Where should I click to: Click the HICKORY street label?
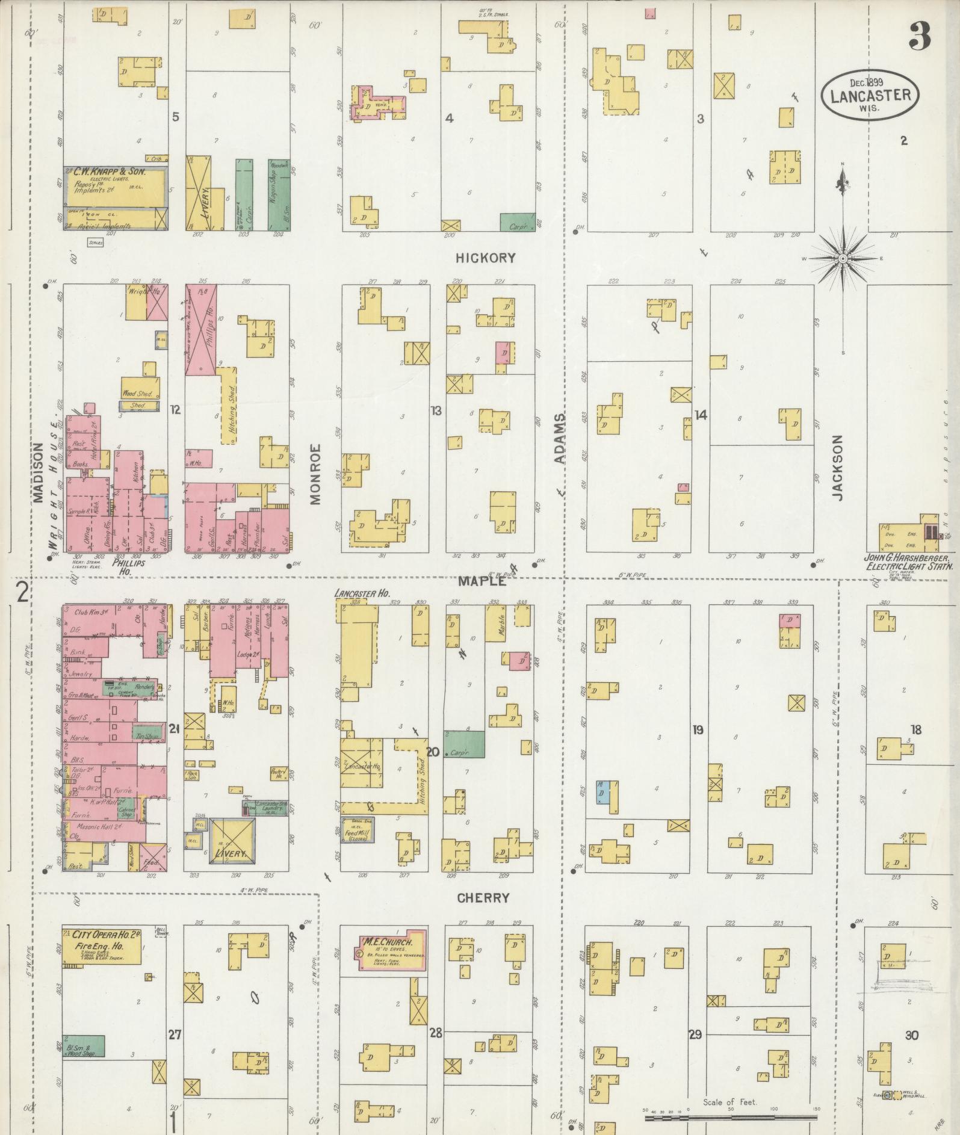pyautogui.click(x=485, y=258)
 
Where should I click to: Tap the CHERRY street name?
pyautogui.click(x=483, y=898)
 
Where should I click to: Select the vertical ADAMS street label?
pyautogui.click(x=560, y=439)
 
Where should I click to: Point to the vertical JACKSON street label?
pyautogui.click(x=838, y=468)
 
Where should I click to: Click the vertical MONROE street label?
pyautogui.click(x=316, y=473)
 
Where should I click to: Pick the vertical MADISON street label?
pyautogui.click(x=39, y=472)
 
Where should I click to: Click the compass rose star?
pyautogui.click(x=843, y=258)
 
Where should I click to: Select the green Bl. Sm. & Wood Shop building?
pyautogui.click(x=84, y=1046)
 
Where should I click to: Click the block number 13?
pyautogui.click(x=436, y=410)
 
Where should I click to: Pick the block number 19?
pyautogui.click(x=698, y=730)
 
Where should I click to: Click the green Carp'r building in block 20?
pyautogui.click(x=464, y=744)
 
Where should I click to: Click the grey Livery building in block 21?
pyautogui.click(x=231, y=842)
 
